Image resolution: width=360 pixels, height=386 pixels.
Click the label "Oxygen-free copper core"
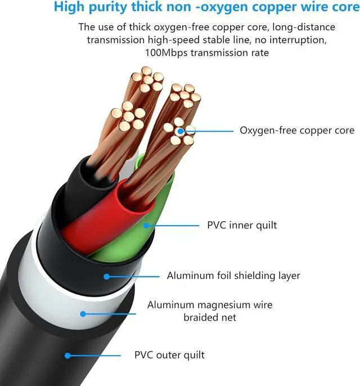(x=297, y=131)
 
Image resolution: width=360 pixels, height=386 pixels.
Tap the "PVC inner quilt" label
(x=242, y=226)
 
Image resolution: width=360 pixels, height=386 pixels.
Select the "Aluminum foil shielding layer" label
(x=233, y=276)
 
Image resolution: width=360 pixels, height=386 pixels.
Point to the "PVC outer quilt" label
(x=169, y=355)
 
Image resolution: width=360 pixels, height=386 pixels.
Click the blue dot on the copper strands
(x=180, y=131)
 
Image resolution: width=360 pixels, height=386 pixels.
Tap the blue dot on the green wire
(x=146, y=226)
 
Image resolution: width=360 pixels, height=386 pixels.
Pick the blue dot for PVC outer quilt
(x=67, y=355)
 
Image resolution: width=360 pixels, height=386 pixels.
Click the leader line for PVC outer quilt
(x=95, y=355)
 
